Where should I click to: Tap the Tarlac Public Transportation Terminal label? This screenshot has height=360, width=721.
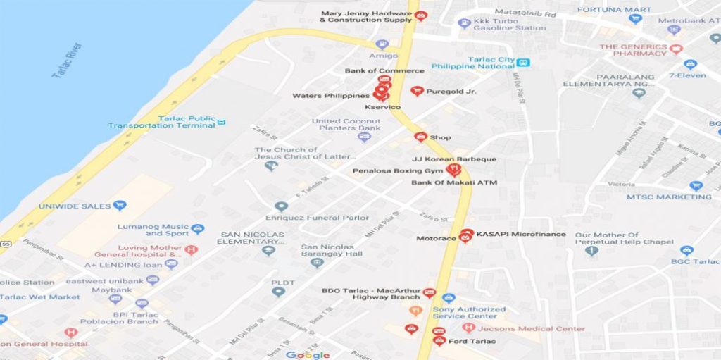[x=162, y=122]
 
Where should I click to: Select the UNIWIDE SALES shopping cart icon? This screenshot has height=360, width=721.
[x=120, y=206]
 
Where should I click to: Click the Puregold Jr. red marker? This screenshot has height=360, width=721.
[x=417, y=91]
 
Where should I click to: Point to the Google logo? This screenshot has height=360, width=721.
[x=308, y=355]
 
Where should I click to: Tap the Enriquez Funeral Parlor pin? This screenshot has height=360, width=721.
[x=282, y=206]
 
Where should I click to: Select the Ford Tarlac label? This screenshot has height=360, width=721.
[x=473, y=342]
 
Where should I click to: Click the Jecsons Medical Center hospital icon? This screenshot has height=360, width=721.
[x=468, y=328]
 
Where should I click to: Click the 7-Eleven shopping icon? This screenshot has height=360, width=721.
[x=690, y=64]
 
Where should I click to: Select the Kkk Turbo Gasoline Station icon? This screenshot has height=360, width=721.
[x=464, y=23]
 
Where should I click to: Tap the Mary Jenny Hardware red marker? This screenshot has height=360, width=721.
[x=420, y=15]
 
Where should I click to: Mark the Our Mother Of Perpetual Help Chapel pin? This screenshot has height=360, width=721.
[x=591, y=250]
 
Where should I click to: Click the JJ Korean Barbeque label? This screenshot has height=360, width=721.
[x=454, y=159]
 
